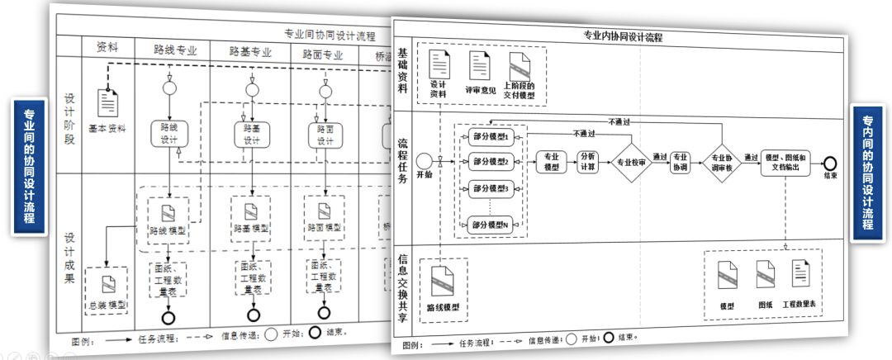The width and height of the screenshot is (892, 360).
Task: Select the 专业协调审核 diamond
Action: tap(721, 162)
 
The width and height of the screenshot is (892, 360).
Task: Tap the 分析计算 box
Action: tap(589, 161)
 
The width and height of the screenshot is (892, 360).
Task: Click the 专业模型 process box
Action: tap(551, 161)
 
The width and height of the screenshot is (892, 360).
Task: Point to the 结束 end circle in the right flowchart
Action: tap(829, 162)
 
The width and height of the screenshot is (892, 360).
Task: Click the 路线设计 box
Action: tap(169, 134)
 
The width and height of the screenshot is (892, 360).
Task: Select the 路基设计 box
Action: tap(251, 135)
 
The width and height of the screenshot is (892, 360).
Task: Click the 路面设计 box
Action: tap(325, 135)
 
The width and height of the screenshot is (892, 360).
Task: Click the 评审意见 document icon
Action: tap(480, 65)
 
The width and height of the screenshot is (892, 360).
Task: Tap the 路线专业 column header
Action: tap(175, 50)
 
